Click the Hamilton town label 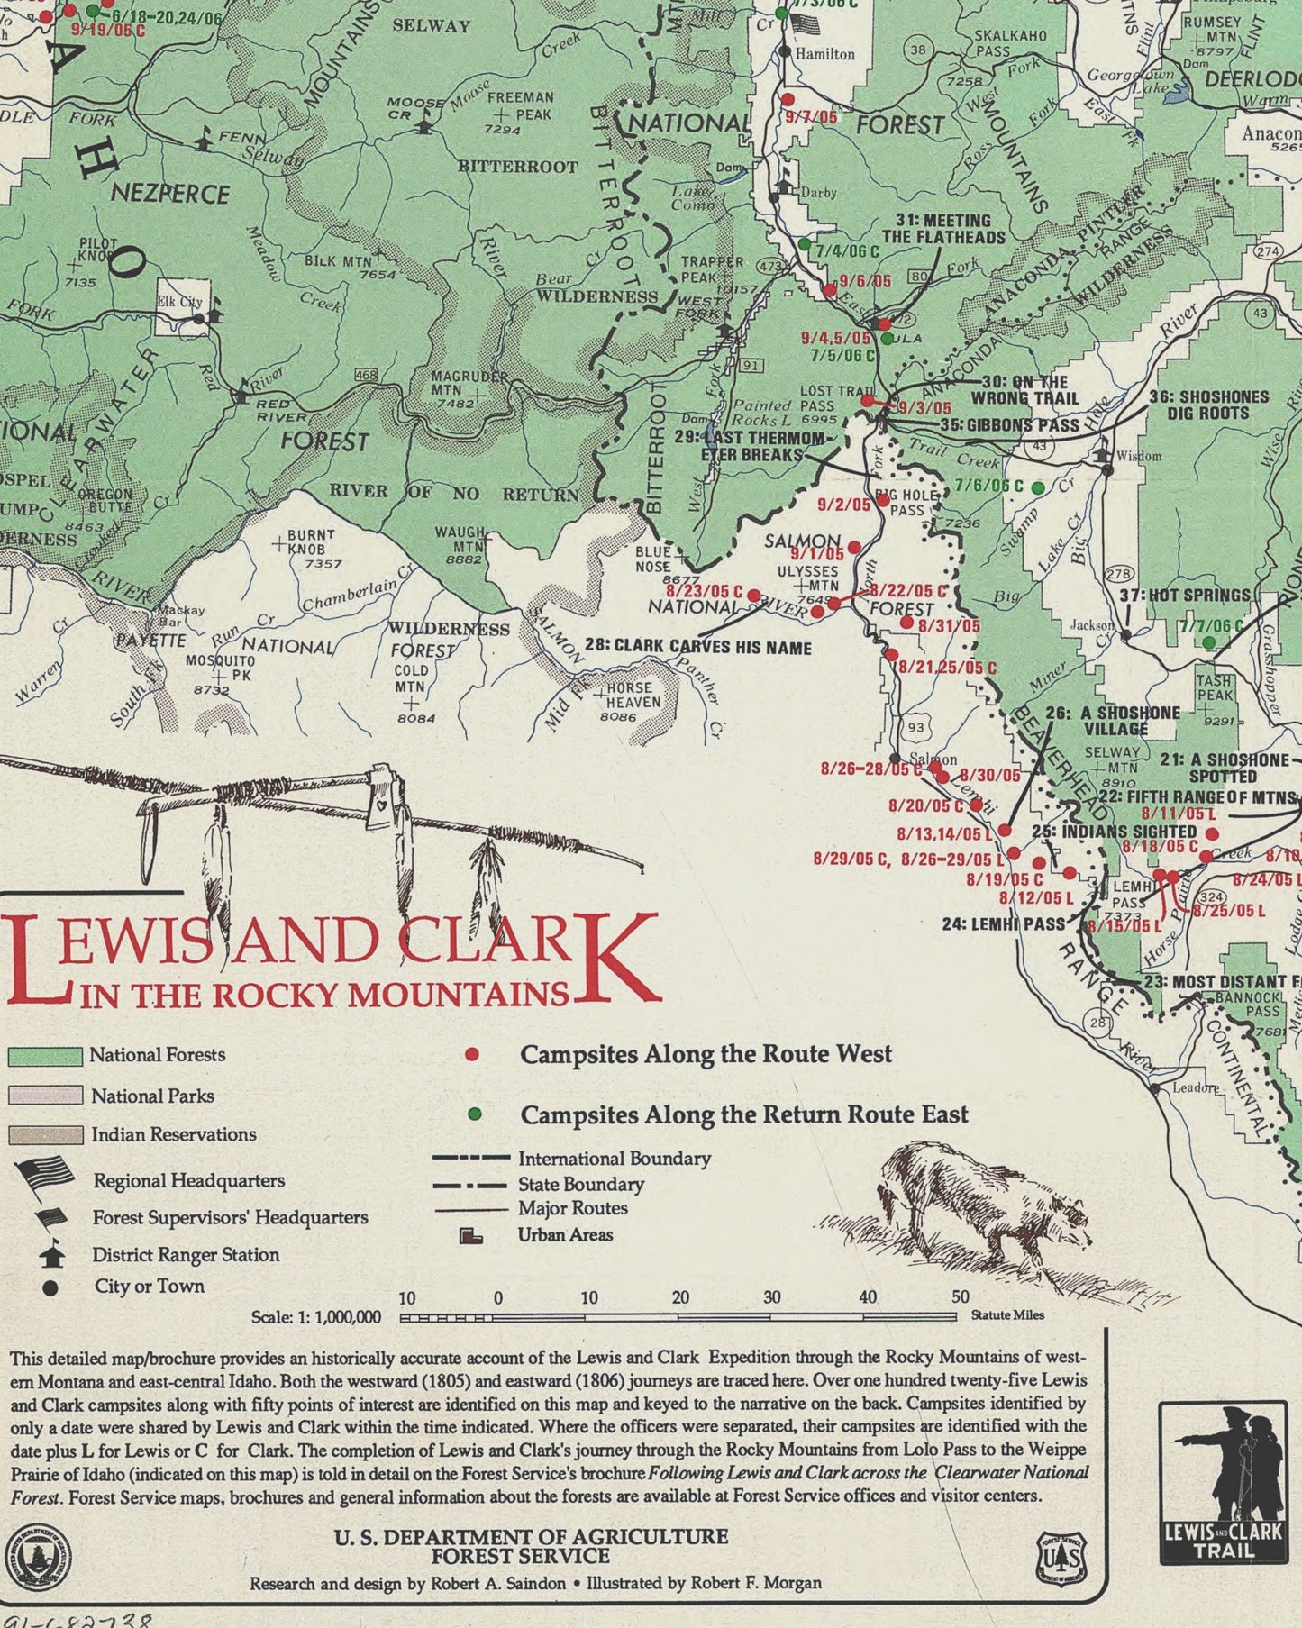[824, 54]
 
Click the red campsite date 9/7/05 [811, 117]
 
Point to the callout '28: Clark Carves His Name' [697, 647]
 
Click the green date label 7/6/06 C [988, 486]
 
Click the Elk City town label [179, 302]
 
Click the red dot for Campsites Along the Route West [470, 1054]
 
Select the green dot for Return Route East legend [475, 1114]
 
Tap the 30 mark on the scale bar [771, 1298]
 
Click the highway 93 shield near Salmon [915, 726]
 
